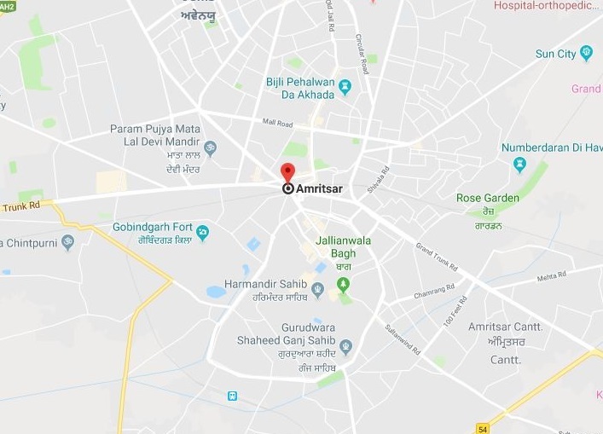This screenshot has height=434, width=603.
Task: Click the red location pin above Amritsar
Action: [287, 171]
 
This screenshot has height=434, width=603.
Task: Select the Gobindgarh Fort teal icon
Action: [203, 231]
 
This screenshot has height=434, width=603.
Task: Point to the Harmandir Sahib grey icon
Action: [317, 291]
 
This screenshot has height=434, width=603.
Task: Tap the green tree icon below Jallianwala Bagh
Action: [343, 284]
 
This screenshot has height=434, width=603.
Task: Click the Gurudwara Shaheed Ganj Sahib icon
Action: [345, 346]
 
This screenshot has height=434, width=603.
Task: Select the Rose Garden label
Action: [488, 199]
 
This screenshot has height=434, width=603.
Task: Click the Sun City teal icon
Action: [586, 54]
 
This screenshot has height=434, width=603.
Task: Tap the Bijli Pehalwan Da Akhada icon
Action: [345, 87]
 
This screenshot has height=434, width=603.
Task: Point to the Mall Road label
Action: [277, 123]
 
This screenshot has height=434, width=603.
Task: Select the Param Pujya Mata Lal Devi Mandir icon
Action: [210, 149]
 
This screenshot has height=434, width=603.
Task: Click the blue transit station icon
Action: [231, 396]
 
